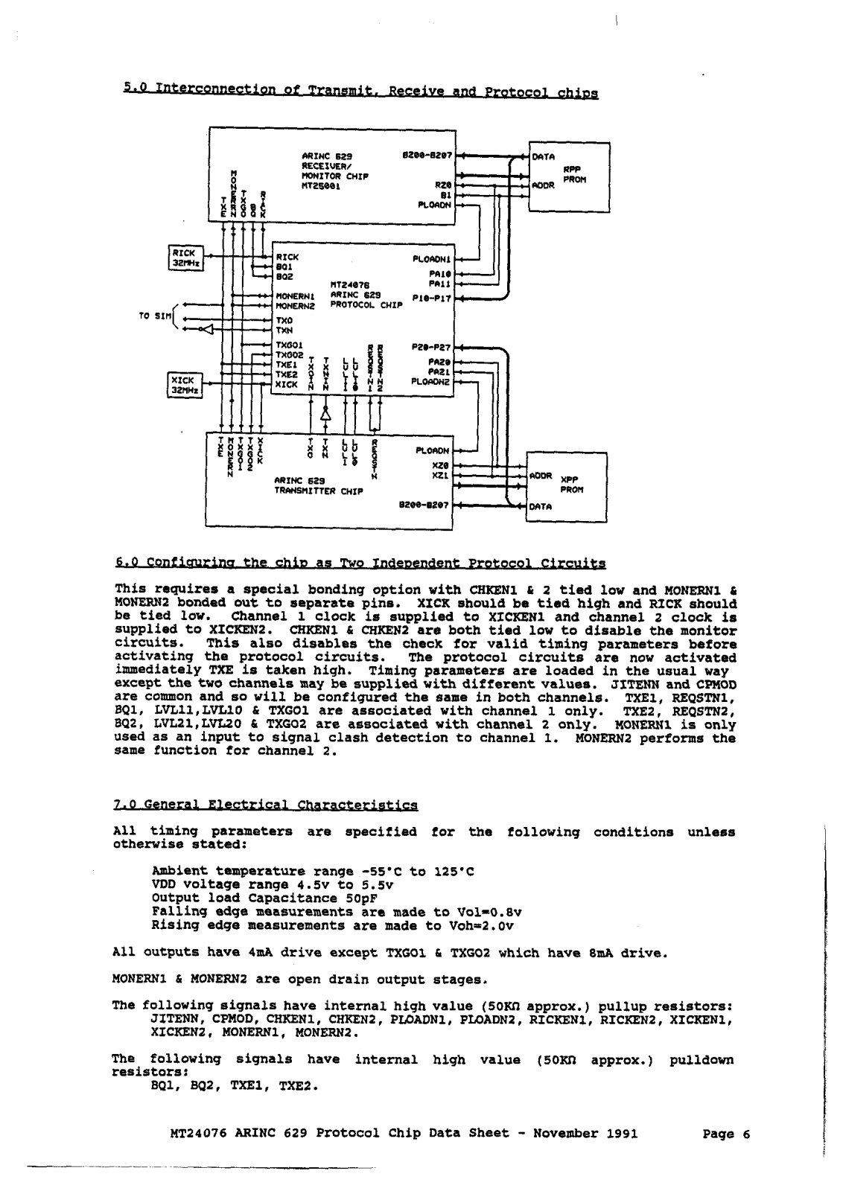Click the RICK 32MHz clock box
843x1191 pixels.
point(182,257)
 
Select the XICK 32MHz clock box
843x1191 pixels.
point(182,385)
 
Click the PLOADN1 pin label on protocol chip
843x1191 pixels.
point(432,259)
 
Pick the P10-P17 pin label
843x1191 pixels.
point(431,298)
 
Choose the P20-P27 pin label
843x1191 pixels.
point(431,347)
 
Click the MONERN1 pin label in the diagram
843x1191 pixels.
point(293,296)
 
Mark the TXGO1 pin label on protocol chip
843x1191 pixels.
point(289,345)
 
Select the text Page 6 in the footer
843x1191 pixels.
point(726,1134)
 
